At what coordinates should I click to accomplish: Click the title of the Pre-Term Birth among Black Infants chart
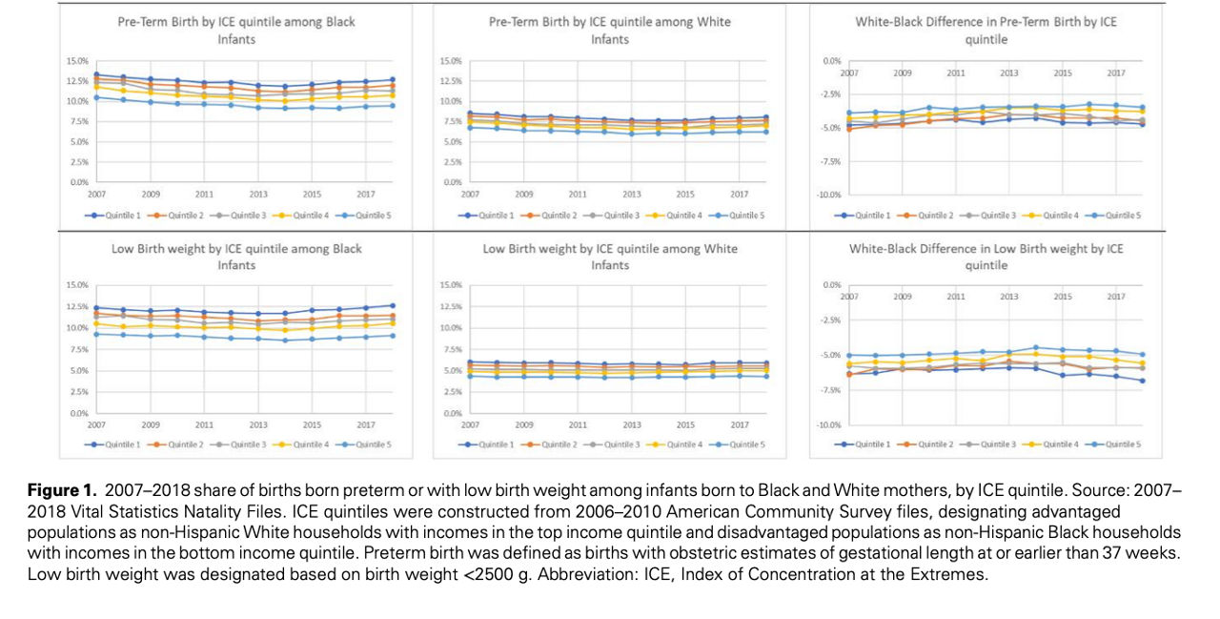click(x=236, y=30)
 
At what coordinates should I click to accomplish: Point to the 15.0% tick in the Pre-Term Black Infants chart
click(x=75, y=61)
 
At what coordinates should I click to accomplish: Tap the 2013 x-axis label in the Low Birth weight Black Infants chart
click(x=258, y=423)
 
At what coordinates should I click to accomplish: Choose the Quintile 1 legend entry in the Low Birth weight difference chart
click(x=871, y=444)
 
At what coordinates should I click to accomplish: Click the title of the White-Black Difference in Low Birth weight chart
click(x=986, y=257)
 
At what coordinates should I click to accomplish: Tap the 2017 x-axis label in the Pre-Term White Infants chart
click(x=740, y=195)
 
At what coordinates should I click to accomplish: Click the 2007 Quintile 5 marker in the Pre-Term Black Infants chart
click(x=96, y=97)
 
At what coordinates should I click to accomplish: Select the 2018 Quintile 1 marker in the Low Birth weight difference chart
click(x=1142, y=382)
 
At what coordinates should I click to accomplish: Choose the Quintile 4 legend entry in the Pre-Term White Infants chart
click(x=681, y=216)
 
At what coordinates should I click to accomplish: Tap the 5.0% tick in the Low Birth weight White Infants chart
click(x=450, y=371)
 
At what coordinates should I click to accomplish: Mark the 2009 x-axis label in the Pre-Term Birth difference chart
click(x=902, y=72)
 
